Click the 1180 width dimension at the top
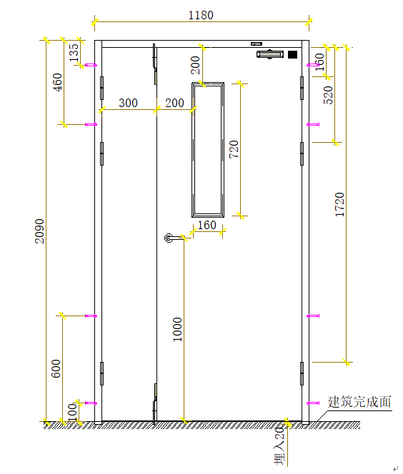coord(201,15)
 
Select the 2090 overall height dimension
coord(39,231)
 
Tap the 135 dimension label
coord(74,52)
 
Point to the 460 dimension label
coord(57,82)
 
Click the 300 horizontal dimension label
coord(129,103)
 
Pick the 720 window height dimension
coord(234,149)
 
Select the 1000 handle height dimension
coord(177,329)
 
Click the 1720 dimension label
coord(340,205)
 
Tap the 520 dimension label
coord(328,95)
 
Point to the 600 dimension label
coord(56,368)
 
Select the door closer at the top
coord(270,54)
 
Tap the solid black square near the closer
coord(292,55)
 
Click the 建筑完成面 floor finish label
coord(359,402)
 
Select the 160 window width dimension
coord(207,225)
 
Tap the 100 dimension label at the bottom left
coord(72,413)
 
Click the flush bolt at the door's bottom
coord(155,403)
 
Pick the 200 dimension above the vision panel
coord(196,65)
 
